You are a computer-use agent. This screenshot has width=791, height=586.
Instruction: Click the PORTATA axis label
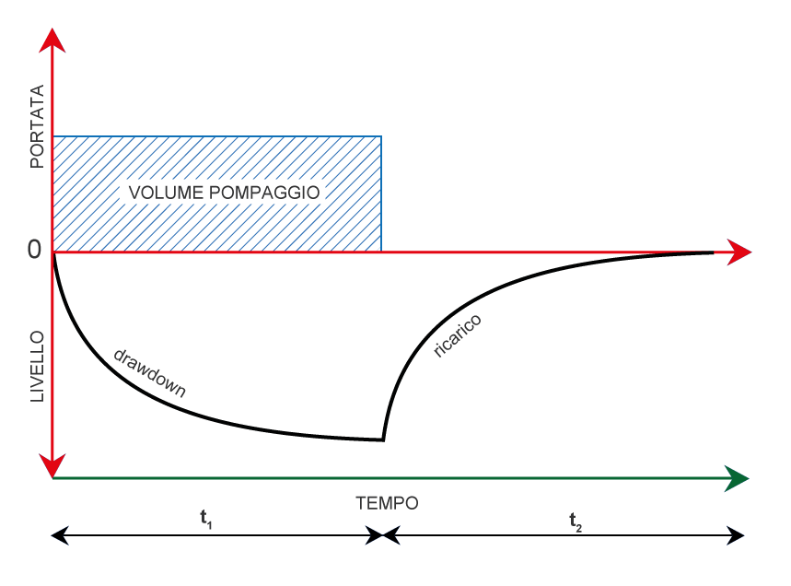(37, 126)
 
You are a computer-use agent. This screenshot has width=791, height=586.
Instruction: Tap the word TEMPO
(387, 503)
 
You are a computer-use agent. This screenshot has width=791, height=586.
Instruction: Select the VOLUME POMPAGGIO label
(223, 193)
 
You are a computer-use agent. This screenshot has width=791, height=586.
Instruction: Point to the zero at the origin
(35, 250)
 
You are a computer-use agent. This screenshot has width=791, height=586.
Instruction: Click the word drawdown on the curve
(149, 372)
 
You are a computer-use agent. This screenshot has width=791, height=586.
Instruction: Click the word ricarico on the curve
(458, 335)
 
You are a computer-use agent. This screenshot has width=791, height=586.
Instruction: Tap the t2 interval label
(576, 522)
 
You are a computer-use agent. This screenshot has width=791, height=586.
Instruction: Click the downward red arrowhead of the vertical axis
(53, 465)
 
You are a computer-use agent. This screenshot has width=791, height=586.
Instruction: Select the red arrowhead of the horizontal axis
(739, 252)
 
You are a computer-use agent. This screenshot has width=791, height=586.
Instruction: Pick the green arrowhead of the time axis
(736, 478)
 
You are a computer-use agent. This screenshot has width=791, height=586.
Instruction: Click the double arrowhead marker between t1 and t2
(382, 534)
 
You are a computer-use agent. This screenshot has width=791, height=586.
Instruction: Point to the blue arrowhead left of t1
(60, 534)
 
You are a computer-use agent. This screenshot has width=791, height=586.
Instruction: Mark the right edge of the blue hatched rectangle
(381, 193)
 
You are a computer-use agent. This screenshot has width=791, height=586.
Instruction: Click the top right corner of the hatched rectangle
(381, 136)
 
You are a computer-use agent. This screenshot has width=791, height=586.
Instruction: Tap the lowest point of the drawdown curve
(381, 440)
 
